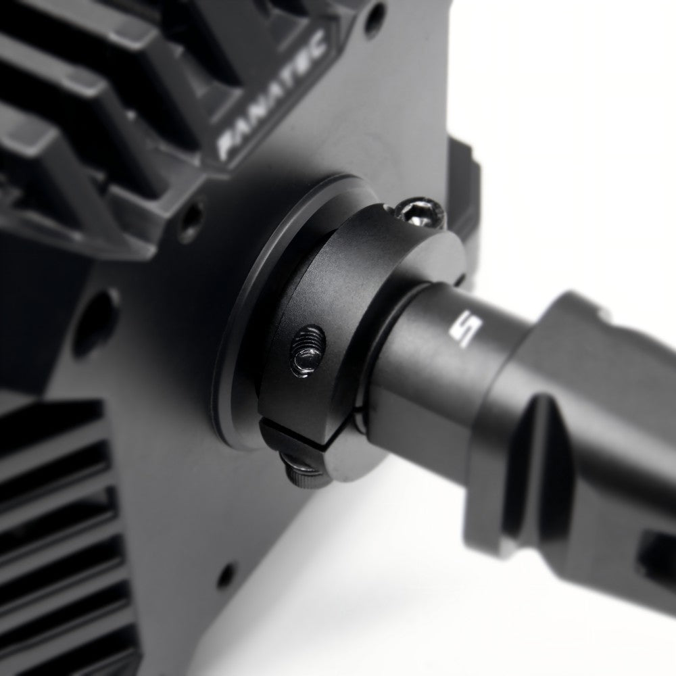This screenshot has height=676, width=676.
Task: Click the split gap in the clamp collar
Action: click(297, 437)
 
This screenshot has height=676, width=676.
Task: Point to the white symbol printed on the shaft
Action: click(466, 329)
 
